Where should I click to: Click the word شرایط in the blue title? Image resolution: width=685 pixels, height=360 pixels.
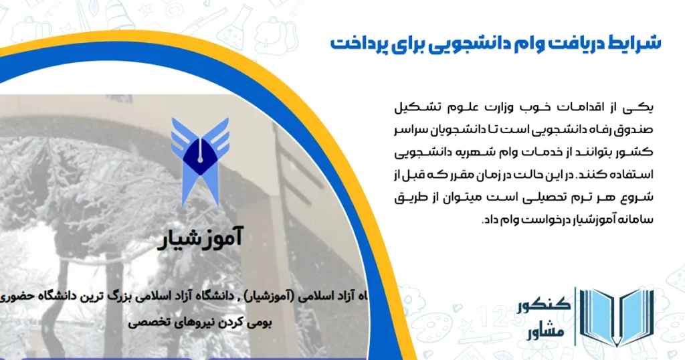point(634,43)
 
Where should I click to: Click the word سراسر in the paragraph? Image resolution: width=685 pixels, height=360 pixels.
point(409,126)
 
